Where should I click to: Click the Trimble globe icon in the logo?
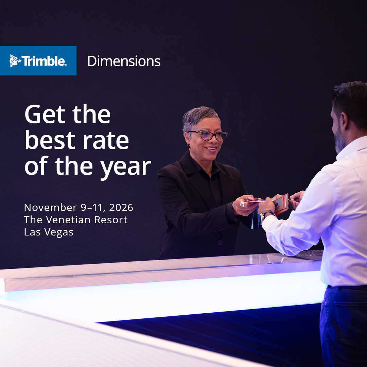15,61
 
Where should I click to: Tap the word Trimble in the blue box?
44,61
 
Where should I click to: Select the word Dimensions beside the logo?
124,61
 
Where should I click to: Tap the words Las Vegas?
49,232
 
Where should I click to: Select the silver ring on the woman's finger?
242,204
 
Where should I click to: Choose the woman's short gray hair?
199,117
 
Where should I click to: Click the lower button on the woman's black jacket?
220,242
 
